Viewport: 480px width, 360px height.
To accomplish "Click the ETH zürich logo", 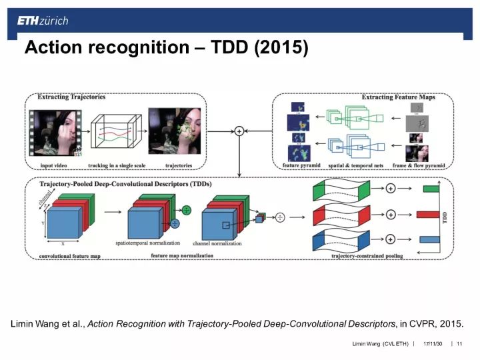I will [x=43, y=21].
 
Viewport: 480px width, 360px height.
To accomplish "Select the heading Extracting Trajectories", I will [x=71, y=97].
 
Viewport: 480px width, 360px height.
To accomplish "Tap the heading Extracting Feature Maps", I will [x=398, y=97].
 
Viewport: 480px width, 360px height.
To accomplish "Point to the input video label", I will [x=56, y=165].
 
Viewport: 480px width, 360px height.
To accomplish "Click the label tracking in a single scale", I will [x=117, y=165].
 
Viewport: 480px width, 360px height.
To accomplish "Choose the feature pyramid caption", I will [x=301, y=165].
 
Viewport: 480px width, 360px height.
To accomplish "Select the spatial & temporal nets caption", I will [x=355, y=165].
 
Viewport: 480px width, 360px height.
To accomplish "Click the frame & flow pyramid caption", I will [x=418, y=165].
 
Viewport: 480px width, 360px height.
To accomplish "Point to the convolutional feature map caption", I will [x=70, y=256].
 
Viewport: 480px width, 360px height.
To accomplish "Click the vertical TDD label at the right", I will [x=445, y=215].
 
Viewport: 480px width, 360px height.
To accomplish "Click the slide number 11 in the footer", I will [x=459, y=344].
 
